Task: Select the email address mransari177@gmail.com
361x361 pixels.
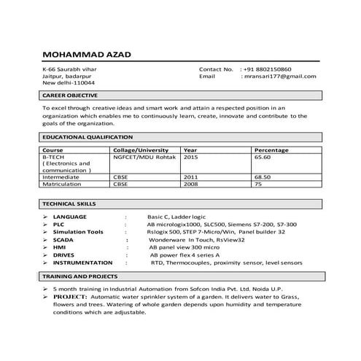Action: coord(279,76)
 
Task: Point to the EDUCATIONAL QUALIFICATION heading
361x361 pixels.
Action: coord(88,136)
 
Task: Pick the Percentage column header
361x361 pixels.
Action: coord(271,150)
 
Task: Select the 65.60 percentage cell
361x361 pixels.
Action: coord(263,156)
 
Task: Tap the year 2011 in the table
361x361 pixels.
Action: coord(190,176)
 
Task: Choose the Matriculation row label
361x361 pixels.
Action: coord(63,184)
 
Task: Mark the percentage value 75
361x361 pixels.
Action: coord(257,184)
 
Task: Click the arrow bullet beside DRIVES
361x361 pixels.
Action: coord(45,255)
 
